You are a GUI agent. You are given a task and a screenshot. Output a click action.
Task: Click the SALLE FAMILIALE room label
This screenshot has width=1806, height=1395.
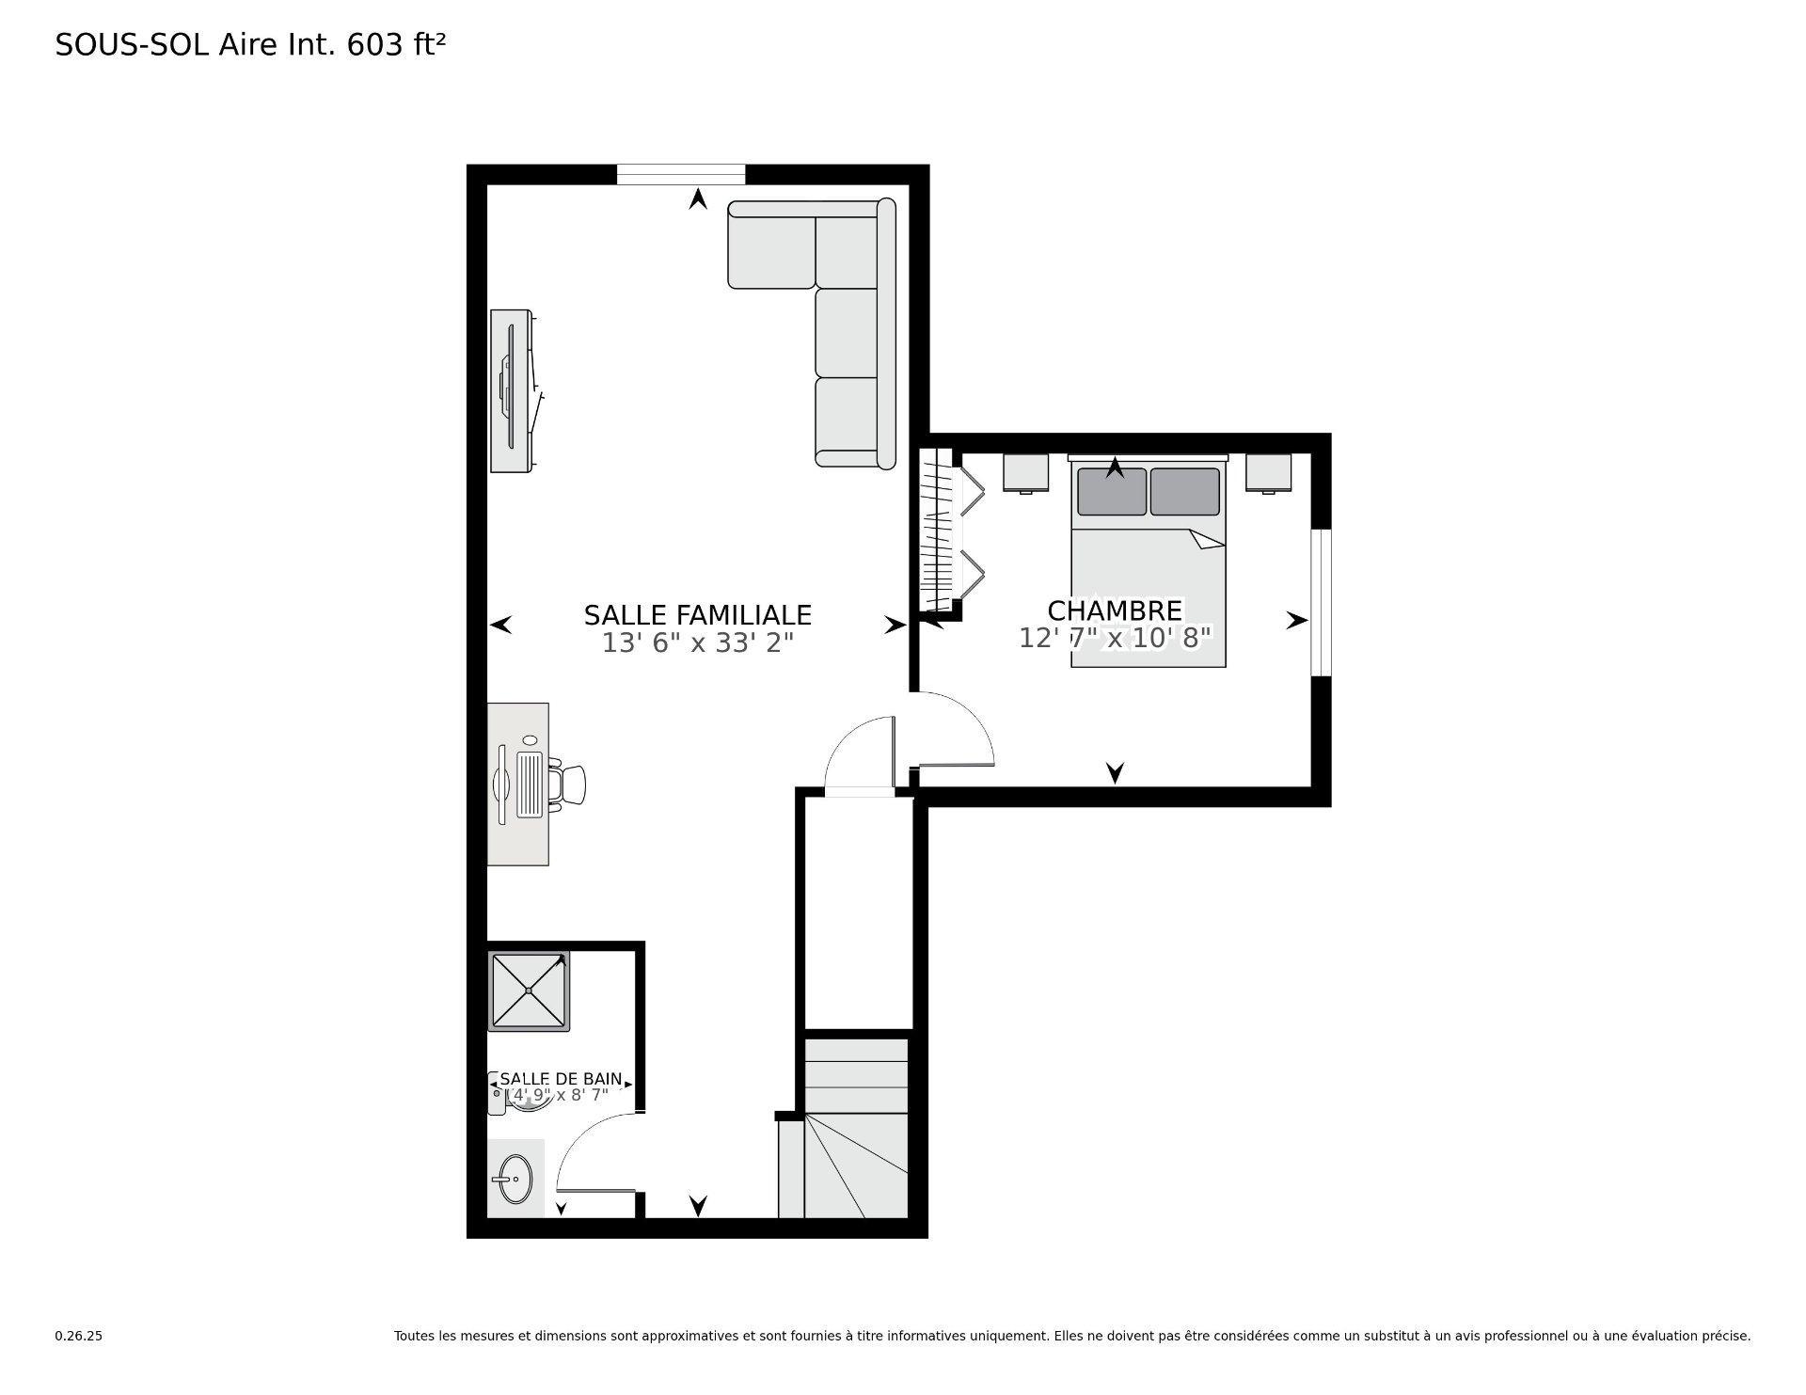[697, 615]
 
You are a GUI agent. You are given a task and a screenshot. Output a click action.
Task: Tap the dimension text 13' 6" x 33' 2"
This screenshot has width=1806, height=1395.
[697, 643]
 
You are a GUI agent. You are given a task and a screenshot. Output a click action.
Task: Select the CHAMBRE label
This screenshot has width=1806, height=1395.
[1114, 610]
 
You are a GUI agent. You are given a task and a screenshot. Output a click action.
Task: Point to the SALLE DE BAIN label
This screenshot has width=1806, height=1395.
[560, 1079]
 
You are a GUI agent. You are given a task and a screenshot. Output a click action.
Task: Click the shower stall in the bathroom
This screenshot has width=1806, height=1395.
[529, 991]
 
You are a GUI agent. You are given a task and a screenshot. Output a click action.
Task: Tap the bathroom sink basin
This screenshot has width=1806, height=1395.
[515, 1179]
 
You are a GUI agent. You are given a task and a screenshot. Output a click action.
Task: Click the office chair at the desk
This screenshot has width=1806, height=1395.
[568, 784]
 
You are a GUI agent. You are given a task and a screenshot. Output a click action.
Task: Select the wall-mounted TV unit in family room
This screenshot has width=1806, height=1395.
[513, 390]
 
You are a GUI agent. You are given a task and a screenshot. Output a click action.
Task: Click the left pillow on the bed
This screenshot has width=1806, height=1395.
[1112, 492]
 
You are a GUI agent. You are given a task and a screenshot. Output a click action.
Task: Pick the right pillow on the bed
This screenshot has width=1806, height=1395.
[1184, 492]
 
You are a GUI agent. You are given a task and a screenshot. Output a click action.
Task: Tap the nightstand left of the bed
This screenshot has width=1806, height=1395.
[1025, 472]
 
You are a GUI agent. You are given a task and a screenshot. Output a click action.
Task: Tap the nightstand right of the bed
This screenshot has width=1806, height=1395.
[1268, 472]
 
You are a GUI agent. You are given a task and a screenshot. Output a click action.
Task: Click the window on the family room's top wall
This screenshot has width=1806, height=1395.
[681, 175]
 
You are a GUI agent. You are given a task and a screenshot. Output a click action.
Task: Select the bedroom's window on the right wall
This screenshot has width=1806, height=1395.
[1321, 602]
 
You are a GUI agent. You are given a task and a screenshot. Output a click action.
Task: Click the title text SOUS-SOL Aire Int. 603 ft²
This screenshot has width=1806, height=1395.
[250, 44]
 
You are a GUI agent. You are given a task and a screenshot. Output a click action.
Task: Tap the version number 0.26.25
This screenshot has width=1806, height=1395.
[78, 1336]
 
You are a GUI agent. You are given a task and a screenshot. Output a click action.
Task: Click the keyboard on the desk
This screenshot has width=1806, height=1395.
[531, 784]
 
